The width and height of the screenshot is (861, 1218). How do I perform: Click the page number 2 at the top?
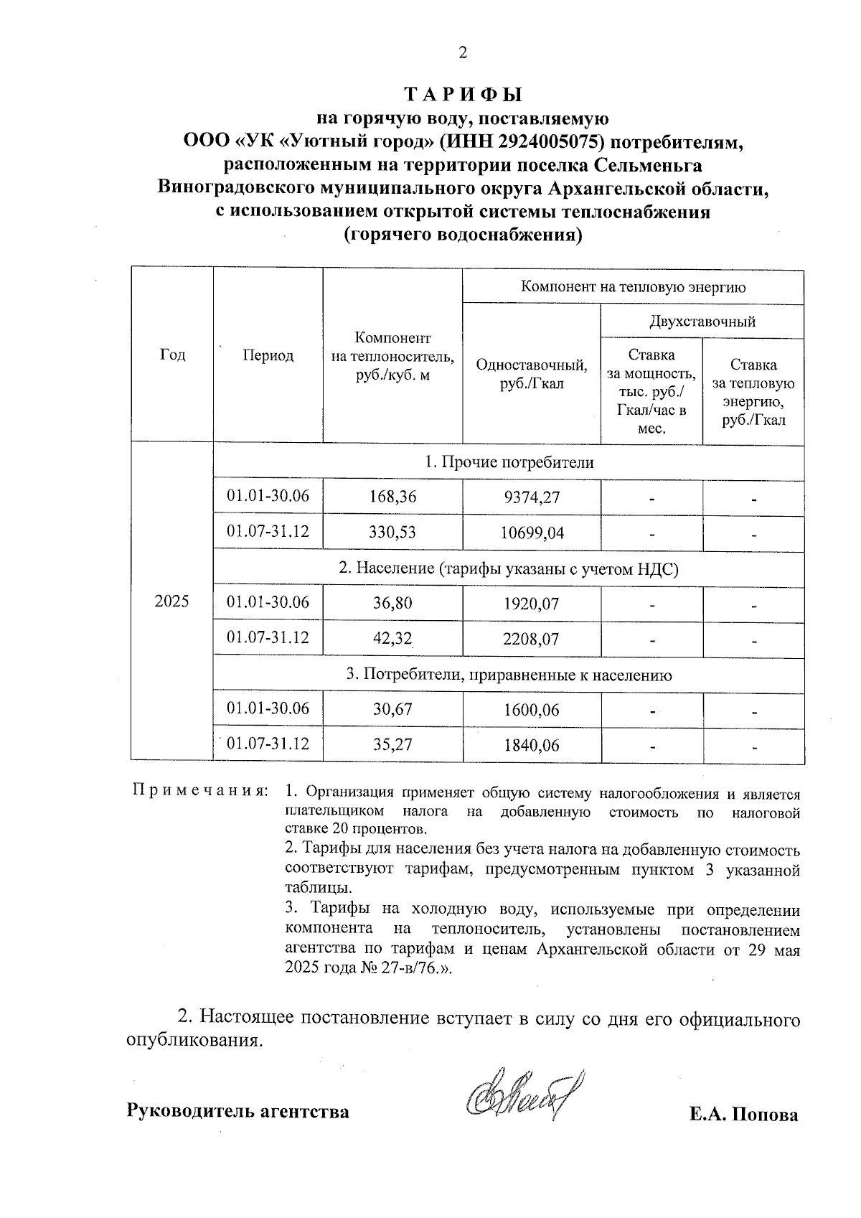point(463,52)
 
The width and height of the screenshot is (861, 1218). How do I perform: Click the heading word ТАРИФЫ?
point(463,95)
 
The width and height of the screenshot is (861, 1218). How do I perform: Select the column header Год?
point(172,355)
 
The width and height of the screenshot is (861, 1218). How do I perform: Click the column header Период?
point(268,356)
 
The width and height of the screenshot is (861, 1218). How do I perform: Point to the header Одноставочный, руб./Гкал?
point(531,374)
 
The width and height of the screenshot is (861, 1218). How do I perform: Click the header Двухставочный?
point(702,321)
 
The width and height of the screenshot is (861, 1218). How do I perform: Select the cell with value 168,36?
point(393,497)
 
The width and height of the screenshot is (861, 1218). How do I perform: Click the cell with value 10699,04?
point(532,533)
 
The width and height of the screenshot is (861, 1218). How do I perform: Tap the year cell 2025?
point(172,601)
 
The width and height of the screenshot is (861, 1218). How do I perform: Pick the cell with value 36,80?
point(393,603)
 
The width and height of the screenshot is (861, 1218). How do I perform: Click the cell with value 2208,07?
point(532,639)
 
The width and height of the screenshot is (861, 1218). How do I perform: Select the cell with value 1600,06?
point(532,710)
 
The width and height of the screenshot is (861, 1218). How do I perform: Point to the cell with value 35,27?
point(393,745)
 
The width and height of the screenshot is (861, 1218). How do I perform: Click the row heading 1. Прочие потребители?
point(509,462)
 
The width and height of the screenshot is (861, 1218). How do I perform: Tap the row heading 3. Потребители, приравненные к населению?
point(509,675)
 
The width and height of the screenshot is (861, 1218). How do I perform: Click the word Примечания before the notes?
point(201,792)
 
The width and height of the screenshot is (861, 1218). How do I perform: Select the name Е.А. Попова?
point(743,1115)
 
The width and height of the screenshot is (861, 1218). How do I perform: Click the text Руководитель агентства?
point(238,1112)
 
